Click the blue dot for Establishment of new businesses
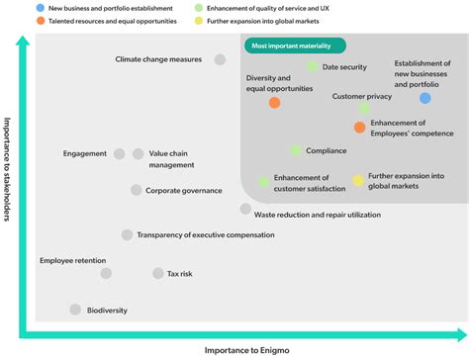(x=425, y=98)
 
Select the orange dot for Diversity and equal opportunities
(x=274, y=102)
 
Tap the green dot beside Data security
(x=313, y=66)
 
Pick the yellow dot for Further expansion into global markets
(x=358, y=180)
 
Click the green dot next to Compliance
(x=296, y=150)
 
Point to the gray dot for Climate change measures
(x=221, y=60)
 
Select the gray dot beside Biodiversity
(x=75, y=310)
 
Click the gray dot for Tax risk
(x=157, y=273)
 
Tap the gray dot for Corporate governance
(x=136, y=190)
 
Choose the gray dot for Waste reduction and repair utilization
(x=245, y=209)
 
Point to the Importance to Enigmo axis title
(x=245, y=350)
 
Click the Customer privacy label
(x=362, y=96)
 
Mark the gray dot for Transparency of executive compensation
(x=127, y=235)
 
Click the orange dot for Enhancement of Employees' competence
(x=359, y=127)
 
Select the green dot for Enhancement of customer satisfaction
(x=264, y=181)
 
